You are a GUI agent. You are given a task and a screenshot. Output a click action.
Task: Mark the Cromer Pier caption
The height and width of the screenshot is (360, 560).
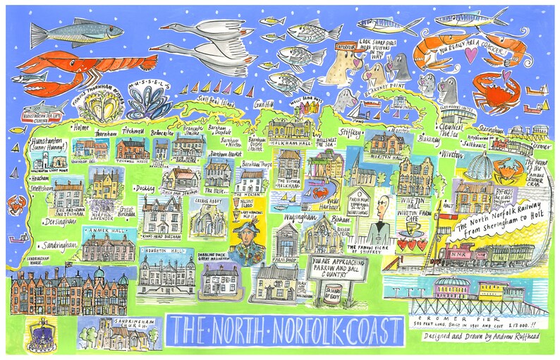464,317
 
